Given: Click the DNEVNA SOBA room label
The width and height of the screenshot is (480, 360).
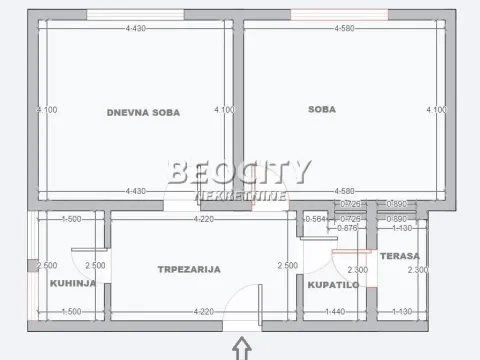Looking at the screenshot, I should pos(143,112).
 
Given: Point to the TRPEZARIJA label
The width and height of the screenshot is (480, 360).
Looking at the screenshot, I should pos(188,269).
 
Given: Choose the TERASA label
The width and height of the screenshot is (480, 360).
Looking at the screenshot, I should pos(399,257).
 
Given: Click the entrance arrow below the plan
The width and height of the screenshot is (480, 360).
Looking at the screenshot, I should pos(240,347).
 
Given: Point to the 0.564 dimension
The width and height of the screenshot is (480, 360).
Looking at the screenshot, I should pos(315,219).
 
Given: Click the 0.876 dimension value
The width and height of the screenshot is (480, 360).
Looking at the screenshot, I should pos(348,228).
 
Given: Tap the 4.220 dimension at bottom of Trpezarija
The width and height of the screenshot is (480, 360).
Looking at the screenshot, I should pos(205,312).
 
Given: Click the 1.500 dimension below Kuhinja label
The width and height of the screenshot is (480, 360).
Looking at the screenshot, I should pos(71,312).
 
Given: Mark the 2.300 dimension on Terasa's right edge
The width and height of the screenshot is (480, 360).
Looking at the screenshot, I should pos(419,270).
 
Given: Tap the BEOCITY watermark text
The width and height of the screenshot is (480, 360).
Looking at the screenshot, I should pos(240,172).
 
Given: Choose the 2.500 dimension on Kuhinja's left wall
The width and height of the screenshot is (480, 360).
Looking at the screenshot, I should pos(46,265).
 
